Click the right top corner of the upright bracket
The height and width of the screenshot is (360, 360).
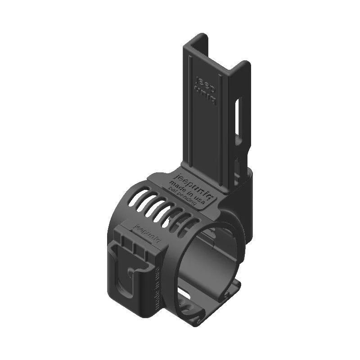coord(245,65)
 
